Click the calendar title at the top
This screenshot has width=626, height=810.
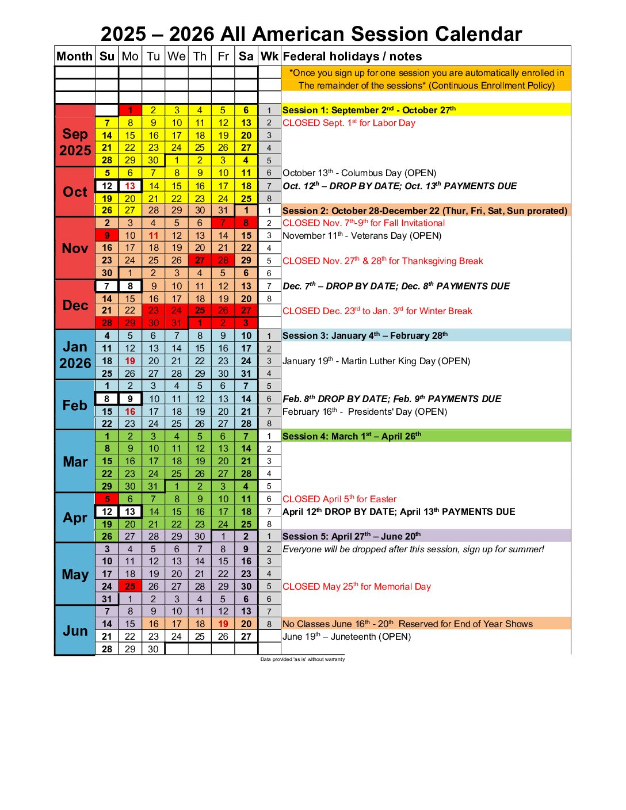(311, 34)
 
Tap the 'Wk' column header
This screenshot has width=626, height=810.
(269, 56)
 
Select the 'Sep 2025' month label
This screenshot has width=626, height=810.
(75, 142)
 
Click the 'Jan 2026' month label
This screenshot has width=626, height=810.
(75, 355)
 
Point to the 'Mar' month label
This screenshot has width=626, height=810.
(75, 461)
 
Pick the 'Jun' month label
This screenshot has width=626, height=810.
(75, 631)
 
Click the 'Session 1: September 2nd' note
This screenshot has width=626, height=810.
(369, 110)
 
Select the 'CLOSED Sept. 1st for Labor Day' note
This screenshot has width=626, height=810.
(349, 123)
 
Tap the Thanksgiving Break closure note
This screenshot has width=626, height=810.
(383, 261)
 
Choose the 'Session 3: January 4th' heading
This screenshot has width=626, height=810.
(365, 335)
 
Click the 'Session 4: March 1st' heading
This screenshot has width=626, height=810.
(352, 436)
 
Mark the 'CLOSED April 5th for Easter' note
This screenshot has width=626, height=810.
(339, 499)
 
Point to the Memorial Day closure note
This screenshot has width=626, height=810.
(357, 586)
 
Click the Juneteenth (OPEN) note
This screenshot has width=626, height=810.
(346, 636)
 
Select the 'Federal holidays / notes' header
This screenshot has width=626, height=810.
(352, 56)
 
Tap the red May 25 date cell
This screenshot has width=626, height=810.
(130, 586)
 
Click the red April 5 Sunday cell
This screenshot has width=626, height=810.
(107, 499)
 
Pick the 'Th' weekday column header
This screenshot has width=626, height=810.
(200, 56)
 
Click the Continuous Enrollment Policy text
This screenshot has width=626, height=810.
(426, 79)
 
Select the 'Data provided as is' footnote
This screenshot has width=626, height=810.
(302, 659)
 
